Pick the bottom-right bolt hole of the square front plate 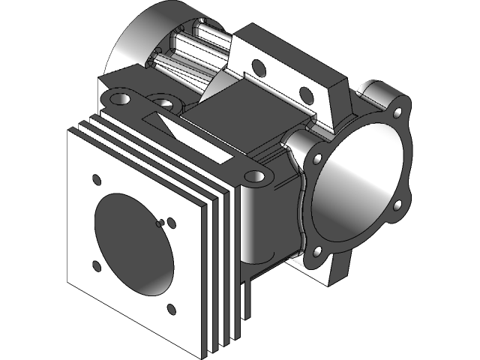[171, 308]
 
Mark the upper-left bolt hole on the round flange [318, 159]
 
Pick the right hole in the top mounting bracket [306, 94]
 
